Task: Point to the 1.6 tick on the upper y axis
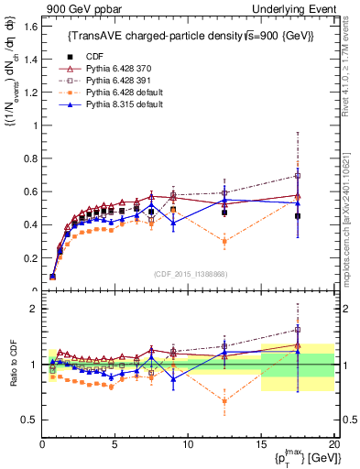(x=30, y=27)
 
